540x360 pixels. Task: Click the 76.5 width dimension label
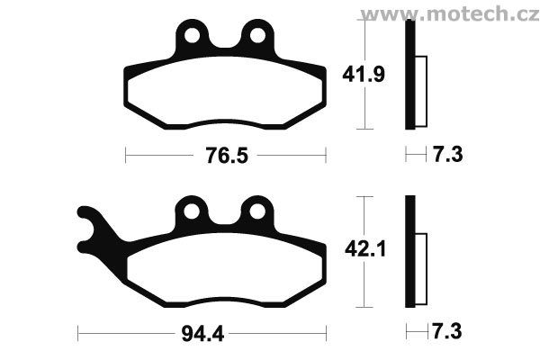click(x=227, y=156)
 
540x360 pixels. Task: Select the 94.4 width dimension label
click(x=202, y=334)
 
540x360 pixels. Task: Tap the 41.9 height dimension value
click(x=364, y=75)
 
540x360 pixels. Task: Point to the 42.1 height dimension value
click(x=365, y=248)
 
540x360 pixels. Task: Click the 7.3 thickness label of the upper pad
click(x=447, y=154)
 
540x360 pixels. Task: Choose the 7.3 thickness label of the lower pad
click(x=446, y=332)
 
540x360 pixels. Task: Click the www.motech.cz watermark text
click(x=450, y=13)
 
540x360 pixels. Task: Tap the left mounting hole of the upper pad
click(x=192, y=35)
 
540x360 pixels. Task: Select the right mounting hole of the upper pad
click(x=257, y=35)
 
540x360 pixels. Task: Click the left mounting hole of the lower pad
click(x=192, y=211)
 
